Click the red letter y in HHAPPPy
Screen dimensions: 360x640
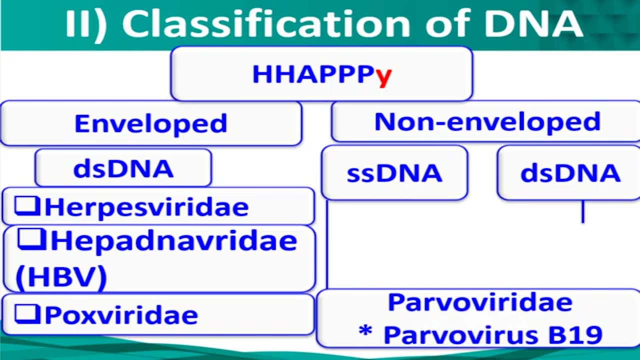point(383,75)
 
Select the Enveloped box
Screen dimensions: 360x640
point(150,123)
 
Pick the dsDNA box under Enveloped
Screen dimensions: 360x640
point(123,169)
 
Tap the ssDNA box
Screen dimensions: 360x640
point(394,173)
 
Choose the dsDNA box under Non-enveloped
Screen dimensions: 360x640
point(570,173)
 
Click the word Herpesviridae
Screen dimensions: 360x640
point(146,207)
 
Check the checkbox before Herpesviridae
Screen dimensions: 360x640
point(27,206)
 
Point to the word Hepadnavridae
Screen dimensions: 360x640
point(173,241)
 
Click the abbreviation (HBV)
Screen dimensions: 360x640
point(61,276)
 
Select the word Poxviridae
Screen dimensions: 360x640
point(121,315)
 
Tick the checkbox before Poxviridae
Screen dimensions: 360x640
point(27,314)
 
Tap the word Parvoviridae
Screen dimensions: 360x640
point(480,302)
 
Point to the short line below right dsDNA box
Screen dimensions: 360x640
point(582,211)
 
